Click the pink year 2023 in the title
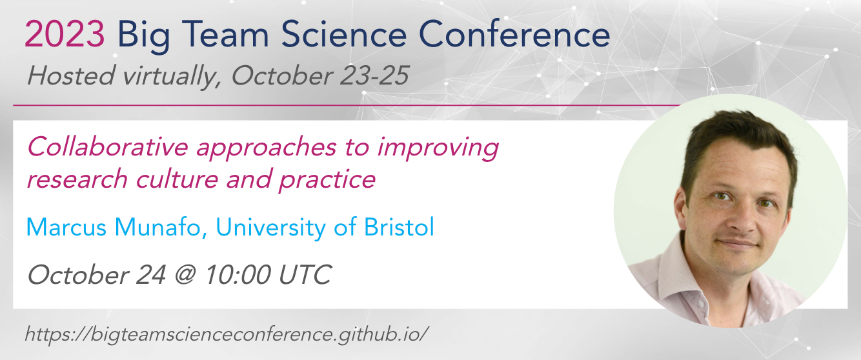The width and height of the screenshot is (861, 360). coord(65,34)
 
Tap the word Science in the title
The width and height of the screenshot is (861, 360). coord(343,34)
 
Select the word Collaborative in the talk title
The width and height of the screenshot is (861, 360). coord(108,146)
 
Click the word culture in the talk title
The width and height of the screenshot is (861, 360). coord(177,178)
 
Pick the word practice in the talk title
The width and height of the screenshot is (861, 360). coord(327,180)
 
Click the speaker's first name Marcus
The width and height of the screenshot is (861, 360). coord(66,226)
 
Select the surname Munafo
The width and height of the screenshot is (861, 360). coord(158,226)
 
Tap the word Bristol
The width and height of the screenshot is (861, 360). coord(399,226)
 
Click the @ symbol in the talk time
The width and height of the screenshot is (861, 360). coord(185,275)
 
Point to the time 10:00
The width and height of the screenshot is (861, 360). coord(238,275)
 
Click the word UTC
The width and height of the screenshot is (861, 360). coord(305,275)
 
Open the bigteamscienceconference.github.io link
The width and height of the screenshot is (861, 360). coord(227,334)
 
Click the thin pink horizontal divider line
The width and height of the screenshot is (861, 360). coord(347,105)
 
